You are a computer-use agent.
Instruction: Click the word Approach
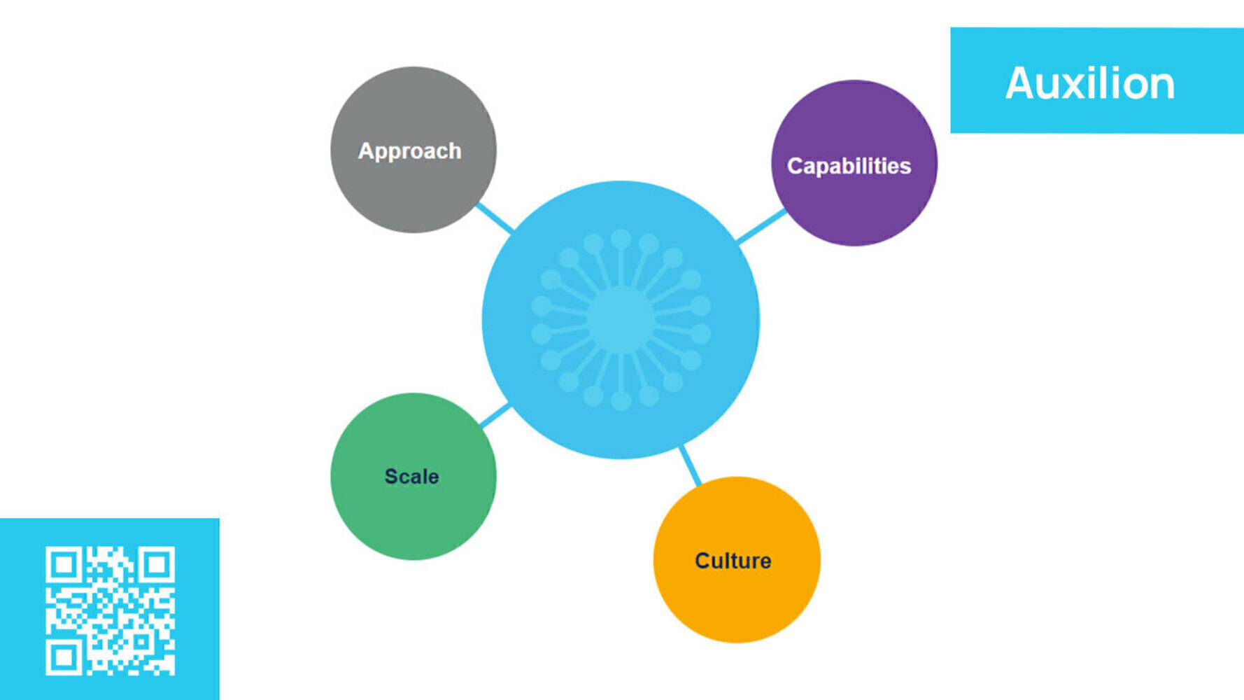pyautogui.click(x=409, y=151)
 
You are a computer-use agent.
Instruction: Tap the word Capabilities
pyautogui.click(x=849, y=166)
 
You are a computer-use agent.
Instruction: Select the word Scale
pyautogui.click(x=411, y=477)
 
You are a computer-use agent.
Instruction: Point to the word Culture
pyautogui.click(x=733, y=561)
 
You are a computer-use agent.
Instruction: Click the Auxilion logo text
pyautogui.click(x=1089, y=83)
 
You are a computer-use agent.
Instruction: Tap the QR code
pyautogui.click(x=110, y=611)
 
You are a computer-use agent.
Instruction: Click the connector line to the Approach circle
pyautogui.click(x=495, y=218)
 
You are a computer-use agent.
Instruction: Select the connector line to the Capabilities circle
pyautogui.click(x=761, y=226)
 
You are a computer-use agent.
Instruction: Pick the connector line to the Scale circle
pyautogui.click(x=495, y=416)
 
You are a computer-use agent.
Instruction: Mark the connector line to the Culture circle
pyautogui.click(x=690, y=465)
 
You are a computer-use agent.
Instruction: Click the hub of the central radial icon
pyautogui.click(x=621, y=320)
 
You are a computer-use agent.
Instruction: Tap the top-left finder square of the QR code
pyautogui.click(x=64, y=564)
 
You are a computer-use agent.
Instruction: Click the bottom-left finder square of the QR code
pyautogui.click(x=64, y=657)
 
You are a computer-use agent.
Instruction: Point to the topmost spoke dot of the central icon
pyautogui.click(x=621, y=239)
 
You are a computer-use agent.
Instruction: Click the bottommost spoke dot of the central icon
pyautogui.click(x=621, y=401)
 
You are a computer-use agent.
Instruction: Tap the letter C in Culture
pyautogui.click(x=702, y=561)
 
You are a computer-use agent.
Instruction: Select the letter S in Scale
pyautogui.click(x=391, y=477)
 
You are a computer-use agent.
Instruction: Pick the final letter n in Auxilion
pyautogui.click(x=1161, y=85)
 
